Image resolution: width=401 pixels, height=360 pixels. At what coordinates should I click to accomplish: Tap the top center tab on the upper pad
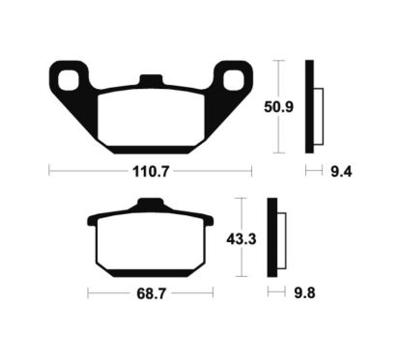tap(150, 81)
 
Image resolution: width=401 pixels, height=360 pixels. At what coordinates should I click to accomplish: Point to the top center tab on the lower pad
tap(147, 204)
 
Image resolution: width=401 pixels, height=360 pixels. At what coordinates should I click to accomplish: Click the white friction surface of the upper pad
tap(150, 121)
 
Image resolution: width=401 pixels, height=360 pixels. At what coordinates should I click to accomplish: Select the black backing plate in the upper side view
tap(310, 107)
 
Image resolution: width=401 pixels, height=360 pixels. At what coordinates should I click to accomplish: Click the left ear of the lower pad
tap(94, 218)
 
